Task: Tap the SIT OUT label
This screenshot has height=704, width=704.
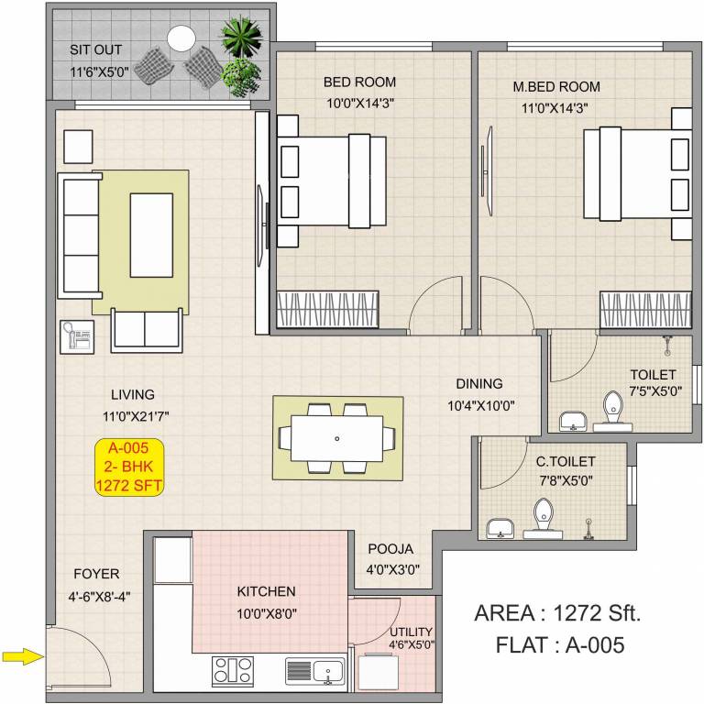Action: tap(96, 49)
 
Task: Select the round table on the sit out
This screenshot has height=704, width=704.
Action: tap(181, 38)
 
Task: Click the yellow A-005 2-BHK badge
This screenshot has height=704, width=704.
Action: tap(129, 467)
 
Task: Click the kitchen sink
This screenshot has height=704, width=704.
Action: tap(313, 671)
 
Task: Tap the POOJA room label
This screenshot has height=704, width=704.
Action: tap(390, 549)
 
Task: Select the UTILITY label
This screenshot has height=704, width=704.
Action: tap(411, 632)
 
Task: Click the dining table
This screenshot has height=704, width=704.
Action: tap(337, 438)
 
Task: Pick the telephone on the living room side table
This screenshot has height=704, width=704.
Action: tap(75, 337)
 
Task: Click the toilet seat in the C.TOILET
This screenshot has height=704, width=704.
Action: tap(544, 516)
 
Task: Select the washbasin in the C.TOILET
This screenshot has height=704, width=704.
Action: tap(500, 529)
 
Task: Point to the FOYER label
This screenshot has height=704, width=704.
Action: tap(96, 574)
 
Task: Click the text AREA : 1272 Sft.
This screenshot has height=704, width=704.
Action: tap(557, 613)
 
